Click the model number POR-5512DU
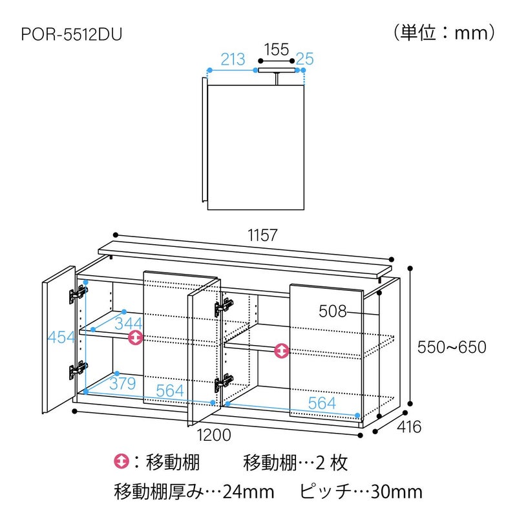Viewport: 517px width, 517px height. click(71, 33)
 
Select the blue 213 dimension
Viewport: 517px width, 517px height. click(233, 60)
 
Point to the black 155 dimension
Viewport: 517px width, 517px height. click(276, 49)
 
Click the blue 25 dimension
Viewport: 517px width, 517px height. click(305, 60)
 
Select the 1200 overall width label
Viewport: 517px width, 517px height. click(213, 435)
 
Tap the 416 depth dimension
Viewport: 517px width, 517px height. click(408, 427)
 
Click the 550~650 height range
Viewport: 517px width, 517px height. click(451, 347)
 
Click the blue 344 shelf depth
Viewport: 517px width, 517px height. click(129, 321)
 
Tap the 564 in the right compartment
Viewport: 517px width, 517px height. click(322, 403)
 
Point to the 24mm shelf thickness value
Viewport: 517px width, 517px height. click(248, 492)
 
